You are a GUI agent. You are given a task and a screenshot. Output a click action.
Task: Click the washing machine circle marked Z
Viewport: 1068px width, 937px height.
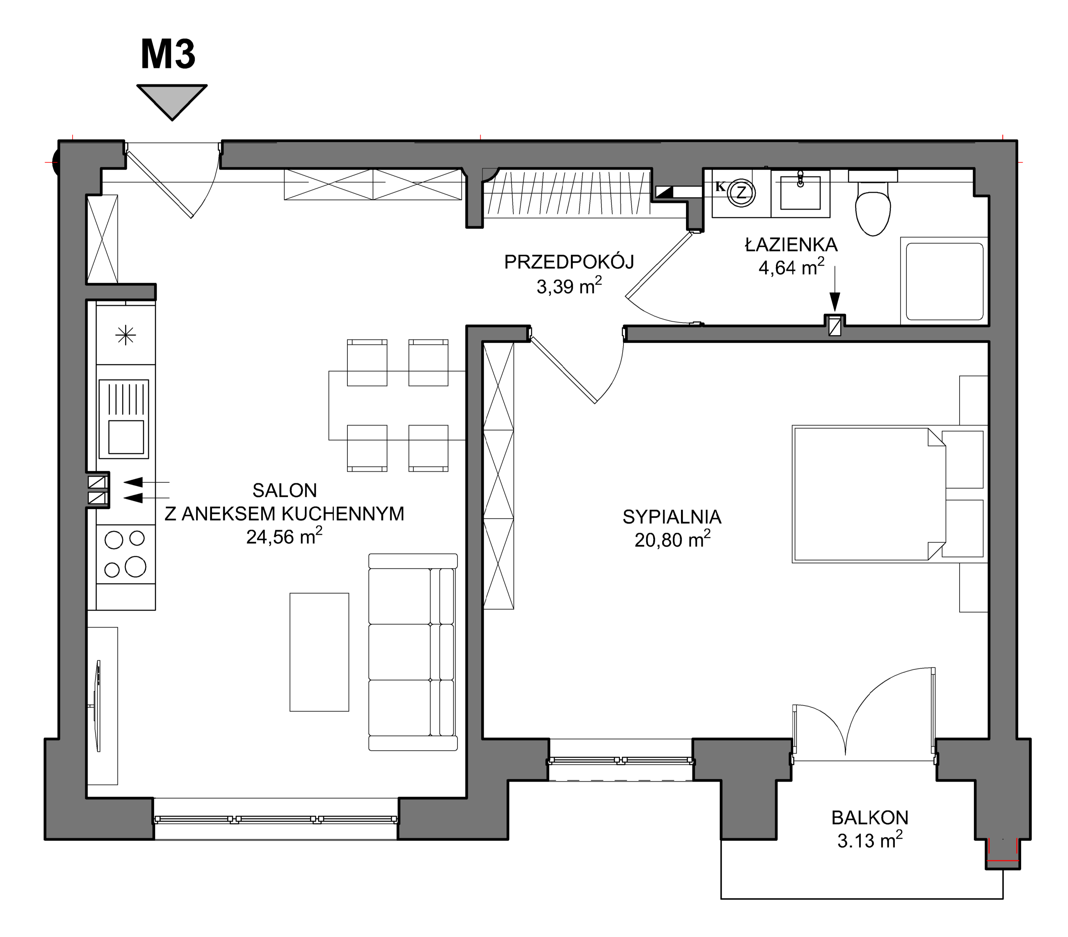click(741, 192)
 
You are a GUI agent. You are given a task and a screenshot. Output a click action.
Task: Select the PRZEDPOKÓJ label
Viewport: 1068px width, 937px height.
click(569, 262)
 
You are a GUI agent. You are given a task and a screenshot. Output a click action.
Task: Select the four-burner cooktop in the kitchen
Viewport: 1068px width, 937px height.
click(125, 554)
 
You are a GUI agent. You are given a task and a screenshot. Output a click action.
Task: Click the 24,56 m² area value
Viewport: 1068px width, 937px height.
click(284, 536)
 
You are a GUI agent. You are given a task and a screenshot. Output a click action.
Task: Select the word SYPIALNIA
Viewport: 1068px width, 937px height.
click(672, 516)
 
